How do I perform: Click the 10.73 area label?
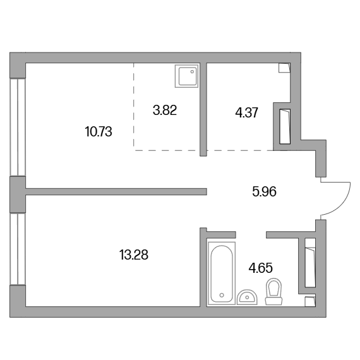pyautogui.click(x=99, y=132)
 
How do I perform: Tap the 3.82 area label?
pyautogui.click(x=165, y=110)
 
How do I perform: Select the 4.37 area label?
pyautogui.click(x=247, y=112)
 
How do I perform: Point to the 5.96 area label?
pyautogui.click(x=264, y=192)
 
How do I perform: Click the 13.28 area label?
pyautogui.click(x=134, y=255)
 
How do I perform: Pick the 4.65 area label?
pyautogui.click(x=261, y=268)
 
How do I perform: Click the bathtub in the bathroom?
pyautogui.click(x=222, y=273)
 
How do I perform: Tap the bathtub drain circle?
pyautogui.click(x=222, y=295)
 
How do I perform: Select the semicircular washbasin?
pyautogui.click(x=247, y=297)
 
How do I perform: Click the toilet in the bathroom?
pyautogui.click(x=273, y=292)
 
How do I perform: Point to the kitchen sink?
pyautogui.click(x=186, y=76)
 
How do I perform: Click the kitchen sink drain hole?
pyautogui.click(x=192, y=71)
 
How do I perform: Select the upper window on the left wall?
pyautogui.click(x=18, y=128)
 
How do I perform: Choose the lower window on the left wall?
pyautogui.click(x=18, y=249)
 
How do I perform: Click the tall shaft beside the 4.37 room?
pyautogui.click(x=285, y=126)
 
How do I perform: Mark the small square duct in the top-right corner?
pyautogui.click(x=284, y=68)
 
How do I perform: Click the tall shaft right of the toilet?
pyautogui.click(x=310, y=263)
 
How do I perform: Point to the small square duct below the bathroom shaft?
pyautogui.click(x=310, y=301)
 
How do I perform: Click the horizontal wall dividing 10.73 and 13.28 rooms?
pyautogui.click(x=116, y=192)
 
